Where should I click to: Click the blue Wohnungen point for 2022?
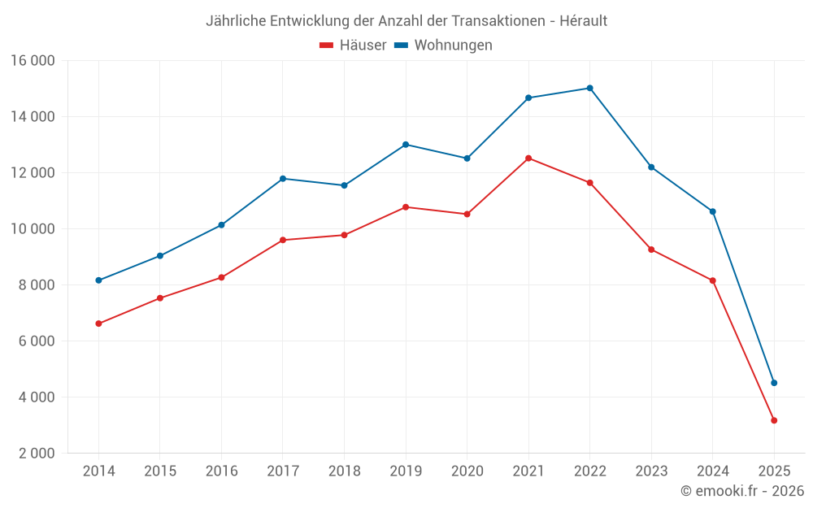coord(590,88)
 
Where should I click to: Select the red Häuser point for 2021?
coord(528,158)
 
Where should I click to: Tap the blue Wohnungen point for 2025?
coord(774,383)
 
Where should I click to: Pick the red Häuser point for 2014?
coord(98,323)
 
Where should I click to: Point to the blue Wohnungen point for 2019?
coord(406,145)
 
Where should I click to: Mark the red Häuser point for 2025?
coord(774,420)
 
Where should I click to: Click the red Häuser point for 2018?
coord(344,235)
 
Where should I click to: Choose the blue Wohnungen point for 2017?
coord(283,179)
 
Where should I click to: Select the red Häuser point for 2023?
coord(651,250)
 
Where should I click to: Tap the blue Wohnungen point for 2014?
coord(98,280)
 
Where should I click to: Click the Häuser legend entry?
coord(354,46)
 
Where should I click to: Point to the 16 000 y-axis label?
coord(33,60)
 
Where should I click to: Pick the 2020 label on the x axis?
coord(467,471)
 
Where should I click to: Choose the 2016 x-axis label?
coord(221,471)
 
